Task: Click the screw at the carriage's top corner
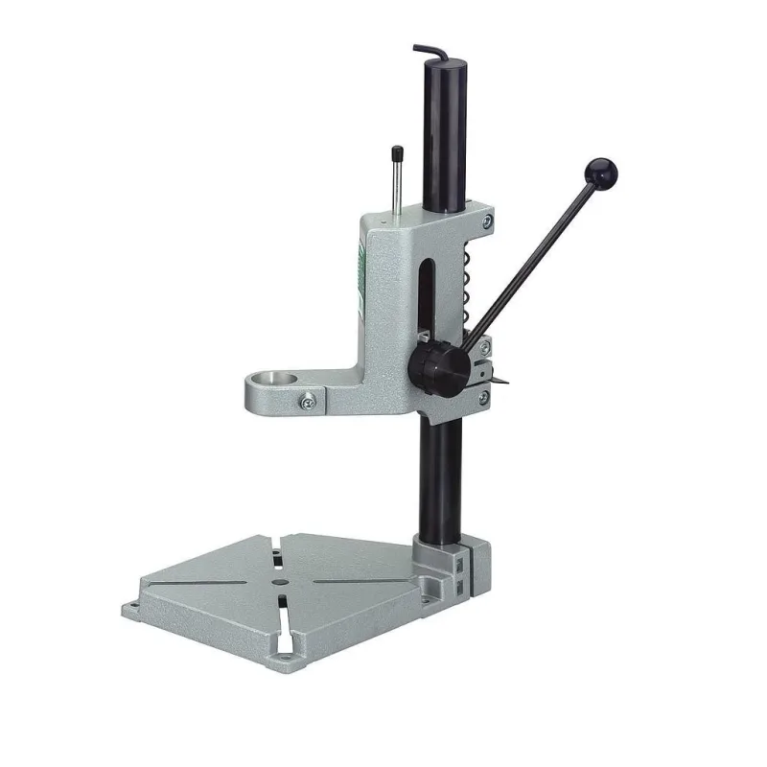click(489, 222)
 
